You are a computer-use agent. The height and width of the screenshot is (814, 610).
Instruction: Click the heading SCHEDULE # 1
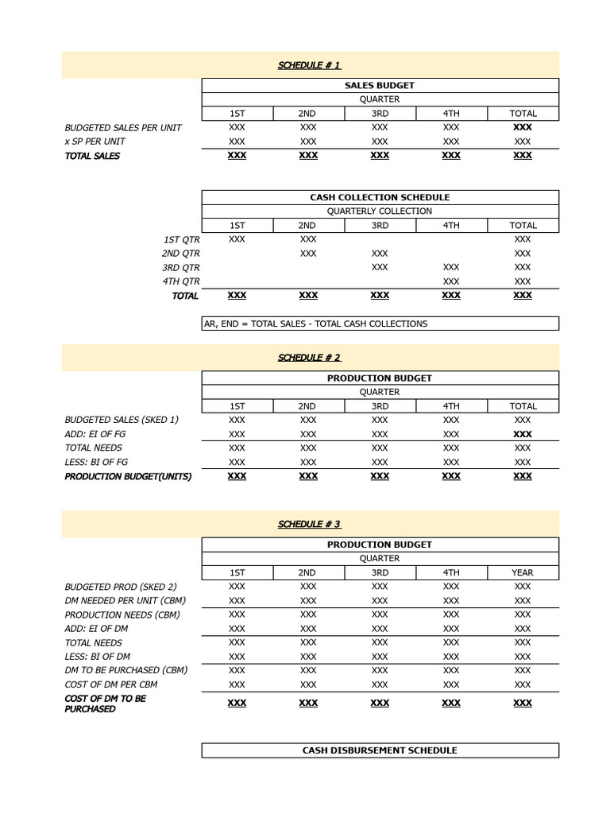tap(309, 65)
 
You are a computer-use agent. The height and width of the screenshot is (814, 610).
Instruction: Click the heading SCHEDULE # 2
tap(309, 358)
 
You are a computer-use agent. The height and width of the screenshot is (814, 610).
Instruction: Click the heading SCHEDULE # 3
tap(309, 524)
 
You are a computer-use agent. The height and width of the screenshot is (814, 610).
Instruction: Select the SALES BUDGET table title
tap(380, 85)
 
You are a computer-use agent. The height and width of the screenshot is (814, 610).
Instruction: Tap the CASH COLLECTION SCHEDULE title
tap(380, 197)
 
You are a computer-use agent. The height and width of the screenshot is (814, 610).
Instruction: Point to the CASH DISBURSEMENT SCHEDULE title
tap(380, 750)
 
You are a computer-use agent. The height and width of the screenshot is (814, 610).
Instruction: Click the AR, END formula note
tap(316, 324)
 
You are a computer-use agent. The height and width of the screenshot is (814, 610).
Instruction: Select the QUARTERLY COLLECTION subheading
tap(380, 211)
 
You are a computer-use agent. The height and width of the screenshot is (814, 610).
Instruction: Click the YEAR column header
tap(523, 572)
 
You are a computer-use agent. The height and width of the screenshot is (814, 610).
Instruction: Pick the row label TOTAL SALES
tap(92, 156)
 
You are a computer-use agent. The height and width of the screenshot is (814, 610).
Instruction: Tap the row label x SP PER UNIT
tap(95, 141)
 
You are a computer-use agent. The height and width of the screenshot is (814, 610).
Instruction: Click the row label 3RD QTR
tap(180, 267)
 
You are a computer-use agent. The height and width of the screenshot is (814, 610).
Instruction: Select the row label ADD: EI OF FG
tap(95, 434)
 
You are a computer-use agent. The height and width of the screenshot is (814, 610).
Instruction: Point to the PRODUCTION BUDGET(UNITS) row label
tap(128, 476)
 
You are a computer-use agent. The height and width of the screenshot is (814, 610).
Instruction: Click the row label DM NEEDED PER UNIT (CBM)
tap(125, 601)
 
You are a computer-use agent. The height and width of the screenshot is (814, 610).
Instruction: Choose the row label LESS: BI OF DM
tap(97, 657)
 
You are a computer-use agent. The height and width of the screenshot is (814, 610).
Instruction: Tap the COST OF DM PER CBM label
tap(110, 684)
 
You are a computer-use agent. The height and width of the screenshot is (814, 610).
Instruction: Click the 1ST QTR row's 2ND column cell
tap(308, 239)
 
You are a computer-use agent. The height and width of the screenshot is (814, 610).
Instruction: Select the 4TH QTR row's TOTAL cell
tap(523, 281)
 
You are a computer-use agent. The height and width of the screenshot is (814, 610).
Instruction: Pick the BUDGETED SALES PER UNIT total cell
tap(523, 127)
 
